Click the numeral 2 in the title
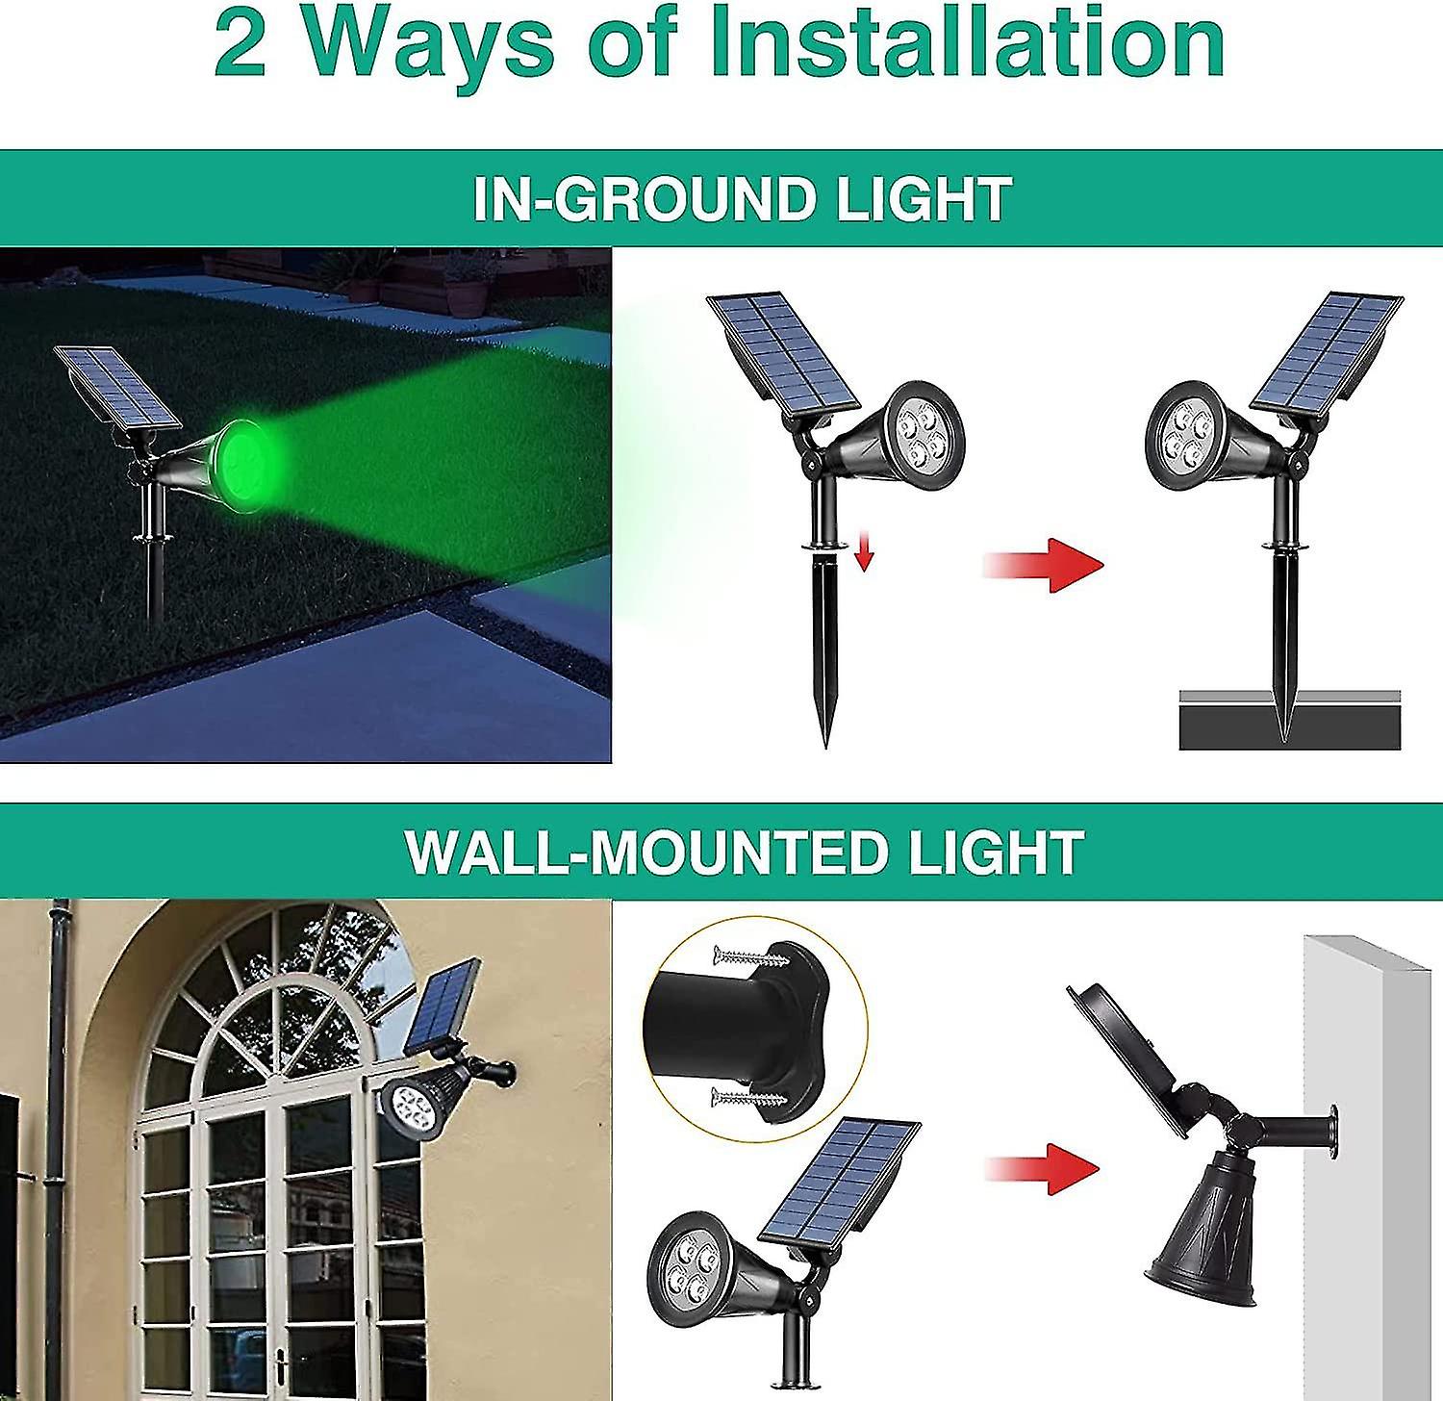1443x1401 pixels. tap(240, 43)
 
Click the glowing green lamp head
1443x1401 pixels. tap(245, 454)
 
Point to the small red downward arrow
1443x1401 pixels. tap(864, 552)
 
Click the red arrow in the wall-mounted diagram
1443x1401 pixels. tap(1044, 1168)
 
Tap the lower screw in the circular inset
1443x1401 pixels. tap(746, 1097)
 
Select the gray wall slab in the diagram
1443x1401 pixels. tap(1366, 1164)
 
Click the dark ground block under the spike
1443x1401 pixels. tap(1289, 726)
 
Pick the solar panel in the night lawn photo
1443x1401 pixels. tap(117, 387)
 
